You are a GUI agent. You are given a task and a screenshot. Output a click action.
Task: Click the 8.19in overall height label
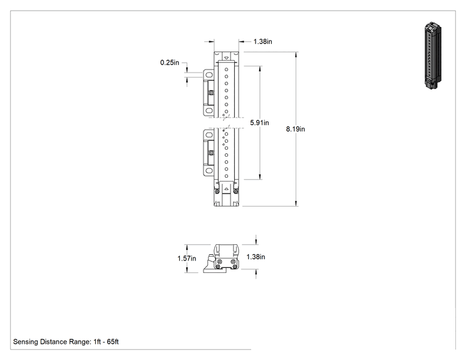point(296,129)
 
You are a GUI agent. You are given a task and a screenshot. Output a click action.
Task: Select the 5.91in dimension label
point(259,123)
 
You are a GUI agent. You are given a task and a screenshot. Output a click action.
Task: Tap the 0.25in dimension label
point(170,63)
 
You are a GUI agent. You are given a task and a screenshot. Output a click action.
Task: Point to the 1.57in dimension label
point(187,259)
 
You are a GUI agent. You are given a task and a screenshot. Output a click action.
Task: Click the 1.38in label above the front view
point(262,41)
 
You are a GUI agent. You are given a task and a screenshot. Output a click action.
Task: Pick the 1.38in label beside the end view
point(256,257)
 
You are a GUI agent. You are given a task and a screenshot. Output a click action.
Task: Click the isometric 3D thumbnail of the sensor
point(433,56)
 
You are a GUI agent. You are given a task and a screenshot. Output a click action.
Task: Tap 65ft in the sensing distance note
point(113,342)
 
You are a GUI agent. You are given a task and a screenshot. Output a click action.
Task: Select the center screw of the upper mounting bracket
point(211,93)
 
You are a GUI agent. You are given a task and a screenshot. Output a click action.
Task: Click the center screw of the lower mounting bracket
point(211,153)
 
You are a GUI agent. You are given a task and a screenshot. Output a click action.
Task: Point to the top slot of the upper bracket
point(209,75)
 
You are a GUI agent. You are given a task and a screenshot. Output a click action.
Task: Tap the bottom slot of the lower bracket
point(209,171)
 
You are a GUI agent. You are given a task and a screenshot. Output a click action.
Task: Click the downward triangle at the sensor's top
point(227,58)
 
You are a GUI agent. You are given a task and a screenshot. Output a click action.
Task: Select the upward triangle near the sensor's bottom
point(227,188)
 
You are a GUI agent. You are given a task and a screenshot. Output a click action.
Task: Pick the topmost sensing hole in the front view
point(227,69)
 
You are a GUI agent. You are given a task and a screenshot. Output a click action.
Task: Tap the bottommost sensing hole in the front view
point(227,176)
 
